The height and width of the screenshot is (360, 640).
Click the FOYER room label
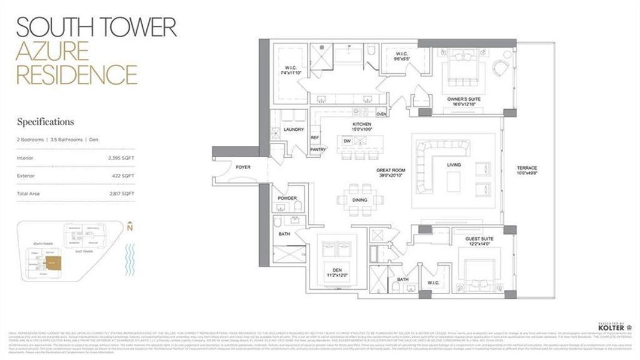[x=243, y=167]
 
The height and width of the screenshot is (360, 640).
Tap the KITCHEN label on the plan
[x=362, y=125]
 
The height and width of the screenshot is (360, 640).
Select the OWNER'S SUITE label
[x=464, y=99]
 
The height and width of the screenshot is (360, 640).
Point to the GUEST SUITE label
[x=479, y=239]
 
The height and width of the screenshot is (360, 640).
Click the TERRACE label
[x=527, y=167]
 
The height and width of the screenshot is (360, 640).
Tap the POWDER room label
[x=287, y=198]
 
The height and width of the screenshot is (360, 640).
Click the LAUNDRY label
[x=294, y=129]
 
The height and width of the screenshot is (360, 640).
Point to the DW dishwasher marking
[x=347, y=141]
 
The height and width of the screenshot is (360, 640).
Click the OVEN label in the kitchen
[x=381, y=113]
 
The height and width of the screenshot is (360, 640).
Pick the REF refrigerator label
[x=314, y=137]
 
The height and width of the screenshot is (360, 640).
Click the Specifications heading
[x=46, y=122]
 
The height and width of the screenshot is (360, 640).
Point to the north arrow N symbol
[x=130, y=227]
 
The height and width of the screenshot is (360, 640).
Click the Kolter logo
[x=611, y=327]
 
